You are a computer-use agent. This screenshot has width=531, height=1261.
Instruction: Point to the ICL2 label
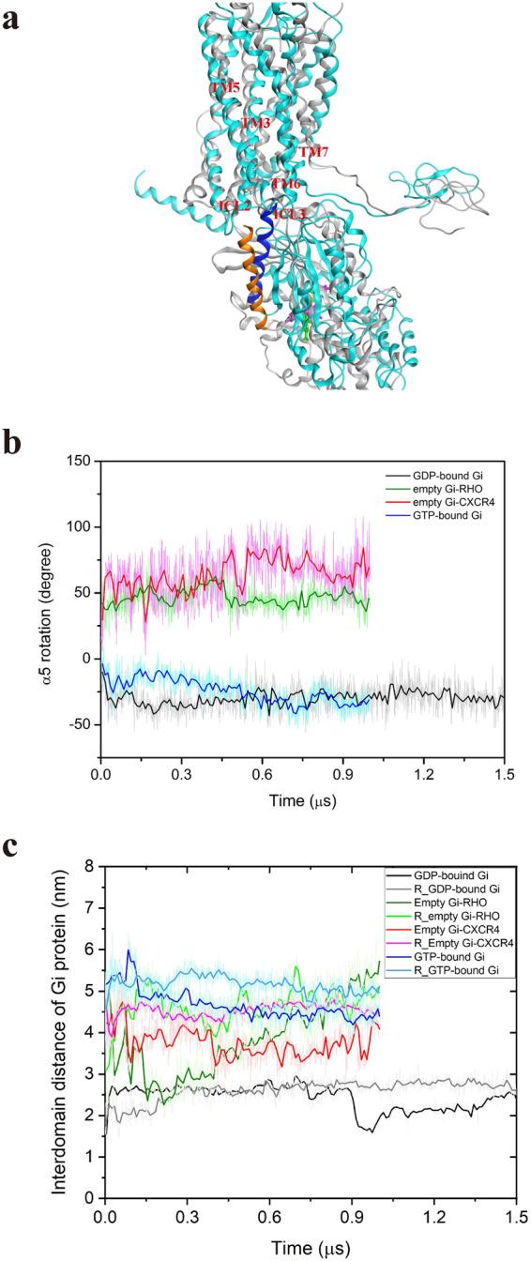234,205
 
